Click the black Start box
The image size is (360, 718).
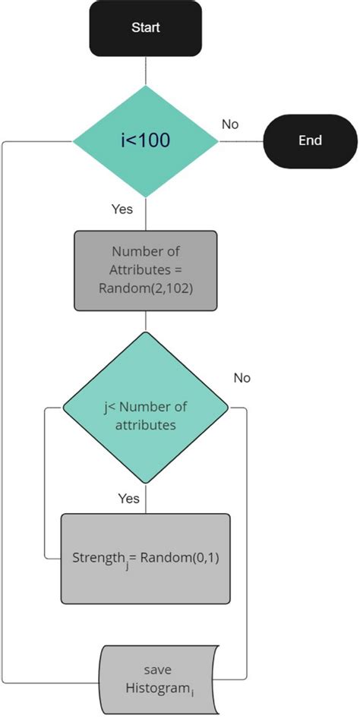point(145,29)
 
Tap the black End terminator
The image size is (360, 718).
point(310,140)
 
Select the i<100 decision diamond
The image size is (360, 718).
point(145,140)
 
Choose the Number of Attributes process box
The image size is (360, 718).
point(145,271)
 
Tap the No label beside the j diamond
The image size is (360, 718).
point(242,377)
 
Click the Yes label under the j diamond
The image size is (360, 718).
point(128,499)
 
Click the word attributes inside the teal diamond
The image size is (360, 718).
point(145,425)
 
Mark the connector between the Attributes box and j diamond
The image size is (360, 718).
point(145,321)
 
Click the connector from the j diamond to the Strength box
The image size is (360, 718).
point(145,502)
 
